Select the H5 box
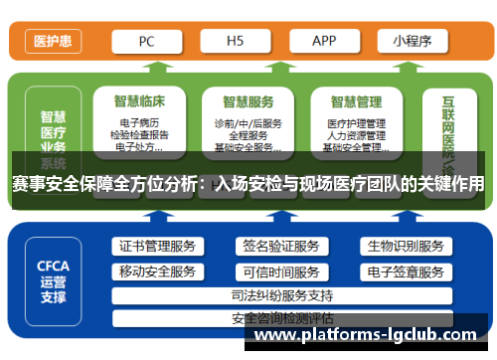coord(235,42)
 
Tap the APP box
coord(324,42)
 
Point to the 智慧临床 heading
coord(139,100)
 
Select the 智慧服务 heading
coord(248,100)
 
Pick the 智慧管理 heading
coord(356,100)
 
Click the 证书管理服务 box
coord(158,247)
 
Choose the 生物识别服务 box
coord(405,247)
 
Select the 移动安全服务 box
coord(158,271)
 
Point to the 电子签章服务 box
coord(405,271)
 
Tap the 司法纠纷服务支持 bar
coord(281,295)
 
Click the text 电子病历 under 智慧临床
coord(139,123)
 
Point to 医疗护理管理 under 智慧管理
coord(356,123)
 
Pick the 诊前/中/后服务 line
coord(248,123)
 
